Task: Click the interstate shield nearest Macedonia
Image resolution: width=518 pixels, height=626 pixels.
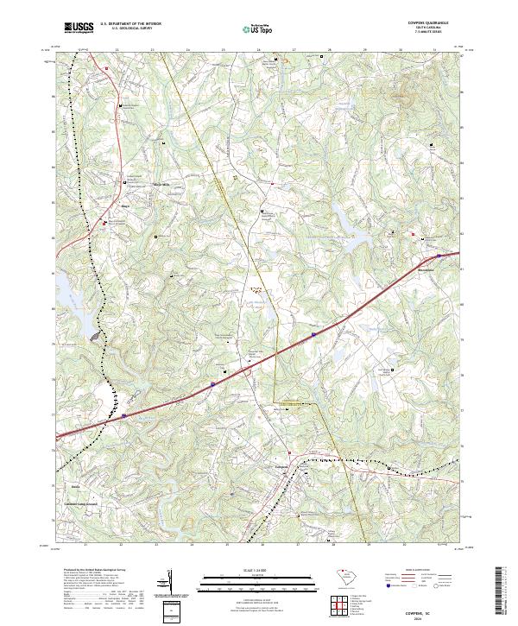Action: coord(439,256)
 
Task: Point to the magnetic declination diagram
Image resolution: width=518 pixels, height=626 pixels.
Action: coord(170,582)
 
